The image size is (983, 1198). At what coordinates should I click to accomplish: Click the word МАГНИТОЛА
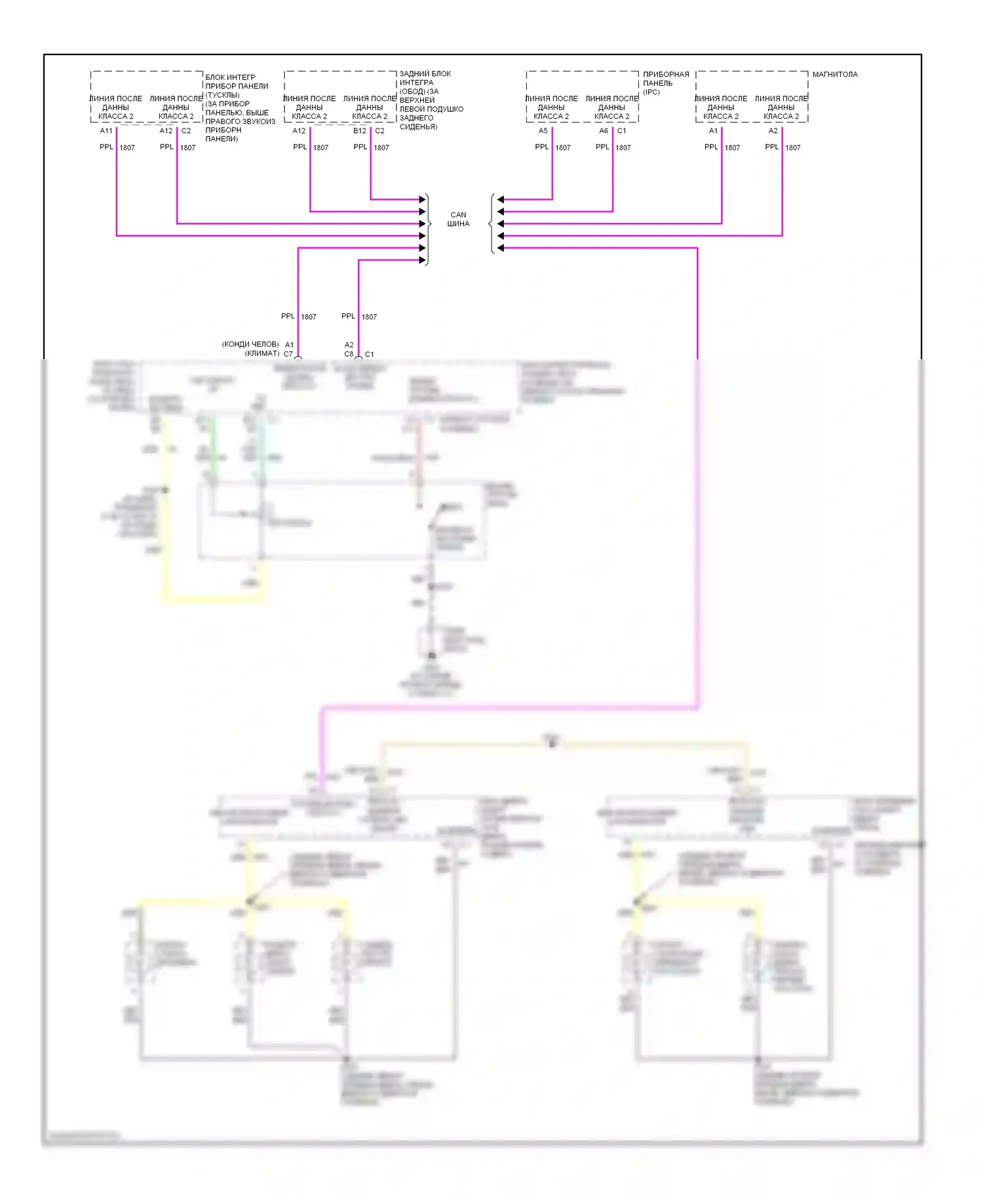834,75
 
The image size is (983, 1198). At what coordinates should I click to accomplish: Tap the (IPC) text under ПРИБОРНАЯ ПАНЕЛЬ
651,92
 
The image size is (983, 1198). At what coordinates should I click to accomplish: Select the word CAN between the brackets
458,215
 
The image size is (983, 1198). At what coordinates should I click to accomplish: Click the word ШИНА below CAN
458,224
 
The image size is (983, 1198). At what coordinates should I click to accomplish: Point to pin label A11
106,131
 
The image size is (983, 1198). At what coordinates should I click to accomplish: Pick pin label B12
360,131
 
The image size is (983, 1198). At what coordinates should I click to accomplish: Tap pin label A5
543,131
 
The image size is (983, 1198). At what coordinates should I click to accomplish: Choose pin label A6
604,131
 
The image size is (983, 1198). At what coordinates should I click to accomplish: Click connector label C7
288,354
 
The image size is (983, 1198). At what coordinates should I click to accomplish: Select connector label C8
349,354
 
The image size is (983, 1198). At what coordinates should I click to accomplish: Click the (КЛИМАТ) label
262,354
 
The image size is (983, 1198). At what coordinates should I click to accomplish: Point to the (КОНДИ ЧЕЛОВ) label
250,345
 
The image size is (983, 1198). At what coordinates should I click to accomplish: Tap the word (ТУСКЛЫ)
222,95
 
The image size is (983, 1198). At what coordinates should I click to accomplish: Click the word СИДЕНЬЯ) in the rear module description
418,126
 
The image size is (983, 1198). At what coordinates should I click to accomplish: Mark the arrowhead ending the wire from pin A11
423,236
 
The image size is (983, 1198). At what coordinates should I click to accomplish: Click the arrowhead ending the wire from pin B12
423,199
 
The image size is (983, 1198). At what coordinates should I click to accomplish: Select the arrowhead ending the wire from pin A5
501,199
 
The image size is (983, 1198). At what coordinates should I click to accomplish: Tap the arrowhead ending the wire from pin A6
501,212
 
